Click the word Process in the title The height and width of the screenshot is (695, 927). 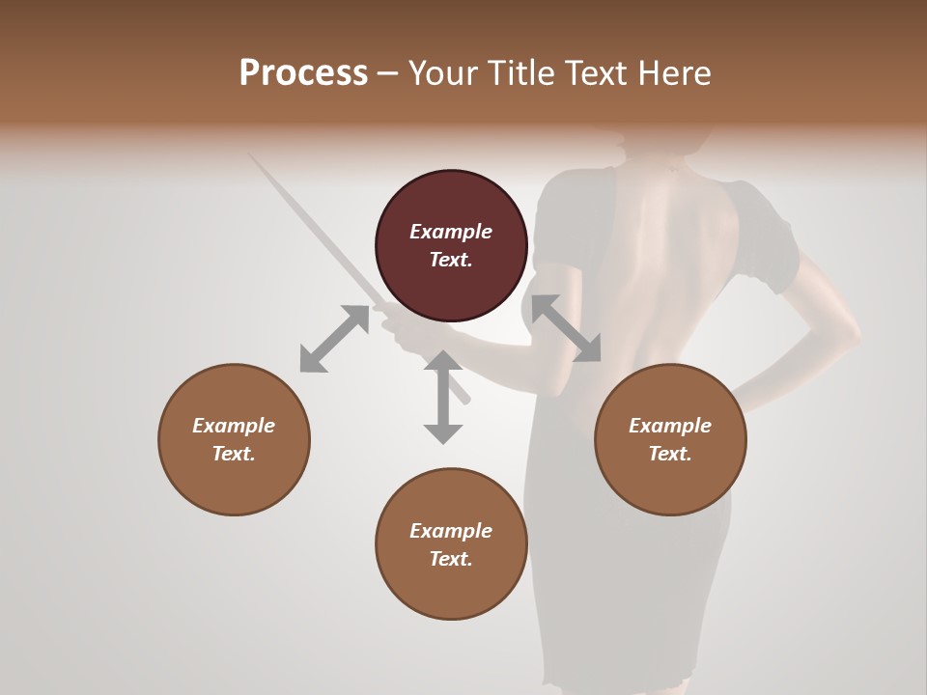[x=303, y=73]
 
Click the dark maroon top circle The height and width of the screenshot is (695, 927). [x=451, y=246]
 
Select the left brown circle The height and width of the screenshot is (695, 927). [x=234, y=439]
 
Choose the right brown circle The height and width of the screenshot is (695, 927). [x=670, y=439]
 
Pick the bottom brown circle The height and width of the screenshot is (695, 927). [x=451, y=544]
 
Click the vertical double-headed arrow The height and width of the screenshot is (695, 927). [x=443, y=397]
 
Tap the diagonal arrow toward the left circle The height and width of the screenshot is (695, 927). [x=334, y=339]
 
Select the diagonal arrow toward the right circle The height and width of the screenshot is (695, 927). [x=566, y=328]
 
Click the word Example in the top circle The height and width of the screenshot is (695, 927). [x=451, y=232]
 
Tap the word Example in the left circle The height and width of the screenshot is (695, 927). [x=234, y=426]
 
